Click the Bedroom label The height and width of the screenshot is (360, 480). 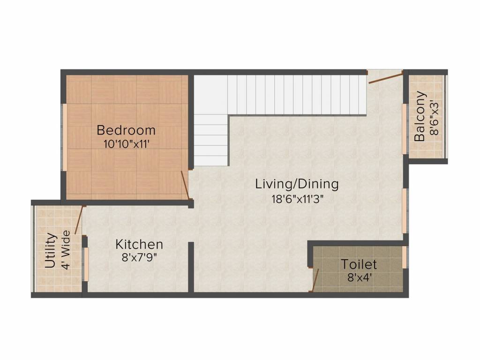tap(126, 130)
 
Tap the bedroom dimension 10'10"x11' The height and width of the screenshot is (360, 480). tap(127, 144)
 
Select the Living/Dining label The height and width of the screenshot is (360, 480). tap(297, 184)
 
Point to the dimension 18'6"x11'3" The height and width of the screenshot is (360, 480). tap(298, 199)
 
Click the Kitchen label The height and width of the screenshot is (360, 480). tap(139, 244)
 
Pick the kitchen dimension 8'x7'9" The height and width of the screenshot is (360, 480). tap(139, 258)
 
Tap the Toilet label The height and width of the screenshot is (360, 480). tap(359, 264)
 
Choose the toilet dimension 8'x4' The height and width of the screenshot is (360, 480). tap(360, 277)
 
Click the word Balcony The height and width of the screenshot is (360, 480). tap(420, 116)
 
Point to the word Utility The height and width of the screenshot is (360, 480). tap(51, 251)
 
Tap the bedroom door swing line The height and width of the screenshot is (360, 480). tap(185, 185)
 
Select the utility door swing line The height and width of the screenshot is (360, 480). tap(79, 220)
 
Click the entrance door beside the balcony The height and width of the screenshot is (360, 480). tap(385, 78)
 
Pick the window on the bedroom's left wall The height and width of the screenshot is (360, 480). tap(65, 137)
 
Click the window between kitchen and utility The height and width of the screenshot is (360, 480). tap(86, 264)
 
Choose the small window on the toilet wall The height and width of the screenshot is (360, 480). tap(405, 257)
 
